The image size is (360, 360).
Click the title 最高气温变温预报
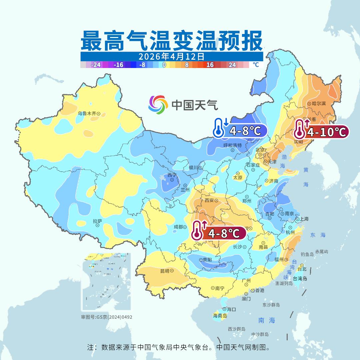(x=172, y=41)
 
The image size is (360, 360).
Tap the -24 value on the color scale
(x=96, y=65)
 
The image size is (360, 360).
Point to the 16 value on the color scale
(x=210, y=65)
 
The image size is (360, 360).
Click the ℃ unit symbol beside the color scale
(x=256, y=65)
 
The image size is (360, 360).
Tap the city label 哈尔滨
(x=319, y=104)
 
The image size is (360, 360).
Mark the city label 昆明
(x=165, y=271)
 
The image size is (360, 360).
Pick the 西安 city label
(x=209, y=201)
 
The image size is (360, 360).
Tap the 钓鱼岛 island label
(x=307, y=254)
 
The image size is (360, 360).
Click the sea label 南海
(x=267, y=320)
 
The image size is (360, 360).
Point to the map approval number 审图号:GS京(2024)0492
(x=107, y=317)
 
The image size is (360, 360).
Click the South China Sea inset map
(x=107, y=282)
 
